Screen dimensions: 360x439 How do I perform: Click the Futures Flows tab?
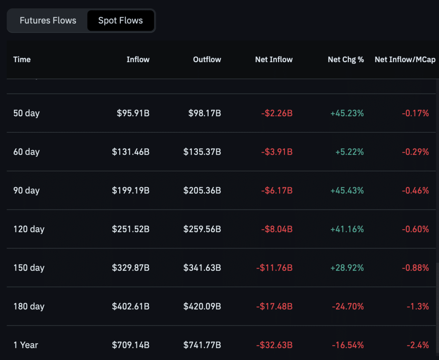(48, 20)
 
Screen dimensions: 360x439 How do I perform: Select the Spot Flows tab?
(120, 20)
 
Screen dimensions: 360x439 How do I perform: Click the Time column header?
(22, 60)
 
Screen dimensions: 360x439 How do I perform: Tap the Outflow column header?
(207, 60)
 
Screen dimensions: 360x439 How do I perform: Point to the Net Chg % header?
(346, 60)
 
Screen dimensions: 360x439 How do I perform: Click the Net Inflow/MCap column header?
(405, 60)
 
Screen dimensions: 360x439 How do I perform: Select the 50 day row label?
(26, 113)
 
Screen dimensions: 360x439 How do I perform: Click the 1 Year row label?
(26, 345)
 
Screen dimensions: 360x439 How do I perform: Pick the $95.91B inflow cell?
(133, 113)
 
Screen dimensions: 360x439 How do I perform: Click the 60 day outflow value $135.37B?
(202, 152)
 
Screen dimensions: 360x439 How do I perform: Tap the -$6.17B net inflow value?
(277, 191)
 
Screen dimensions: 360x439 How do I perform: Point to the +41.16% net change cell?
(347, 230)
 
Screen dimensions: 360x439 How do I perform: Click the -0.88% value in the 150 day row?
(415, 268)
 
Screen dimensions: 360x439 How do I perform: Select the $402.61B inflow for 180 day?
(131, 307)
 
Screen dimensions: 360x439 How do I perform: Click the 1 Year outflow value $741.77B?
(202, 345)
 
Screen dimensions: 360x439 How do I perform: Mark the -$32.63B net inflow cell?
(274, 345)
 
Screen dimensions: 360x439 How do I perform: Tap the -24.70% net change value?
(348, 307)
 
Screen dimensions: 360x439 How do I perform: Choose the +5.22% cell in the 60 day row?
(349, 152)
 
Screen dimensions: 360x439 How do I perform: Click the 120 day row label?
(29, 230)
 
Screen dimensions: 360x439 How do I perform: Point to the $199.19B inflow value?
(131, 191)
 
